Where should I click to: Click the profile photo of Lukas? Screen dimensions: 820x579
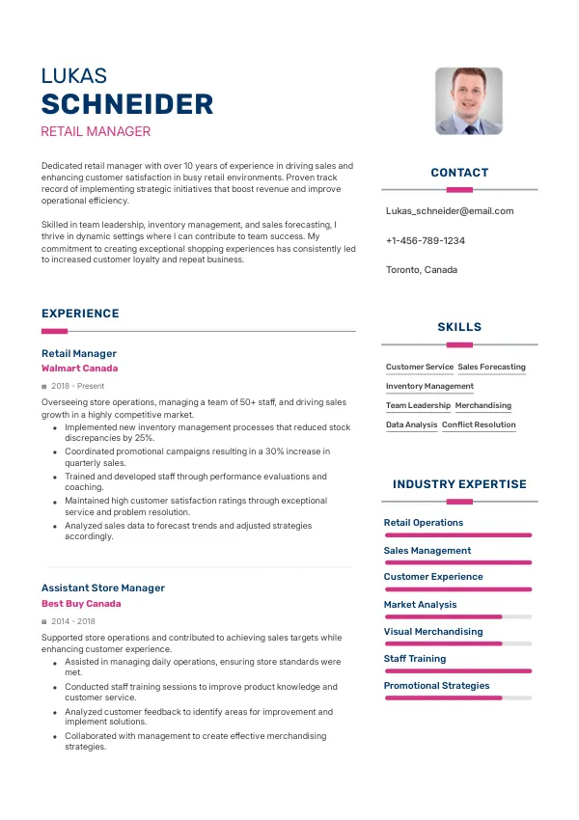pos(468,100)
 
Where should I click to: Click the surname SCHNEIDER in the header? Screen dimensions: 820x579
pos(127,104)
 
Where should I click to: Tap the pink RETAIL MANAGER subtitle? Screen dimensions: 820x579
pos(96,132)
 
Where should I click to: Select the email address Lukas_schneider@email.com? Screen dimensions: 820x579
pos(449,211)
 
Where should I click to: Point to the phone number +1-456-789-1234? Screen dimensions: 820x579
pos(425,240)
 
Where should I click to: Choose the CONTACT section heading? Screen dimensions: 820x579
pos(459,173)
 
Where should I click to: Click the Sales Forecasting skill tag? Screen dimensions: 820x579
pos(491,368)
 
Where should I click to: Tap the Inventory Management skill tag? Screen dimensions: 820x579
pos(429,387)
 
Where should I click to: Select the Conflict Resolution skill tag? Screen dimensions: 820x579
pos(479,425)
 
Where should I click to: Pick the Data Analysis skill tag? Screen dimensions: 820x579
pos(411,425)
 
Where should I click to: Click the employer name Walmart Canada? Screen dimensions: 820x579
pos(80,369)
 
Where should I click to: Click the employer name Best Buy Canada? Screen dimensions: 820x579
pos(81,604)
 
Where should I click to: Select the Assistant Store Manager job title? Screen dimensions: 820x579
pos(103,588)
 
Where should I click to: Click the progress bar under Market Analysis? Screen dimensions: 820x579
pos(457,616)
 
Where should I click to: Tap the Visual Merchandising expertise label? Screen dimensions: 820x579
pos(433,632)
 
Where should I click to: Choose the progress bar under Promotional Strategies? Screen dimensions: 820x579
pos(457,697)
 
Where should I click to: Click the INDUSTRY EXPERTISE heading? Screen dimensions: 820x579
pos(459,484)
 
